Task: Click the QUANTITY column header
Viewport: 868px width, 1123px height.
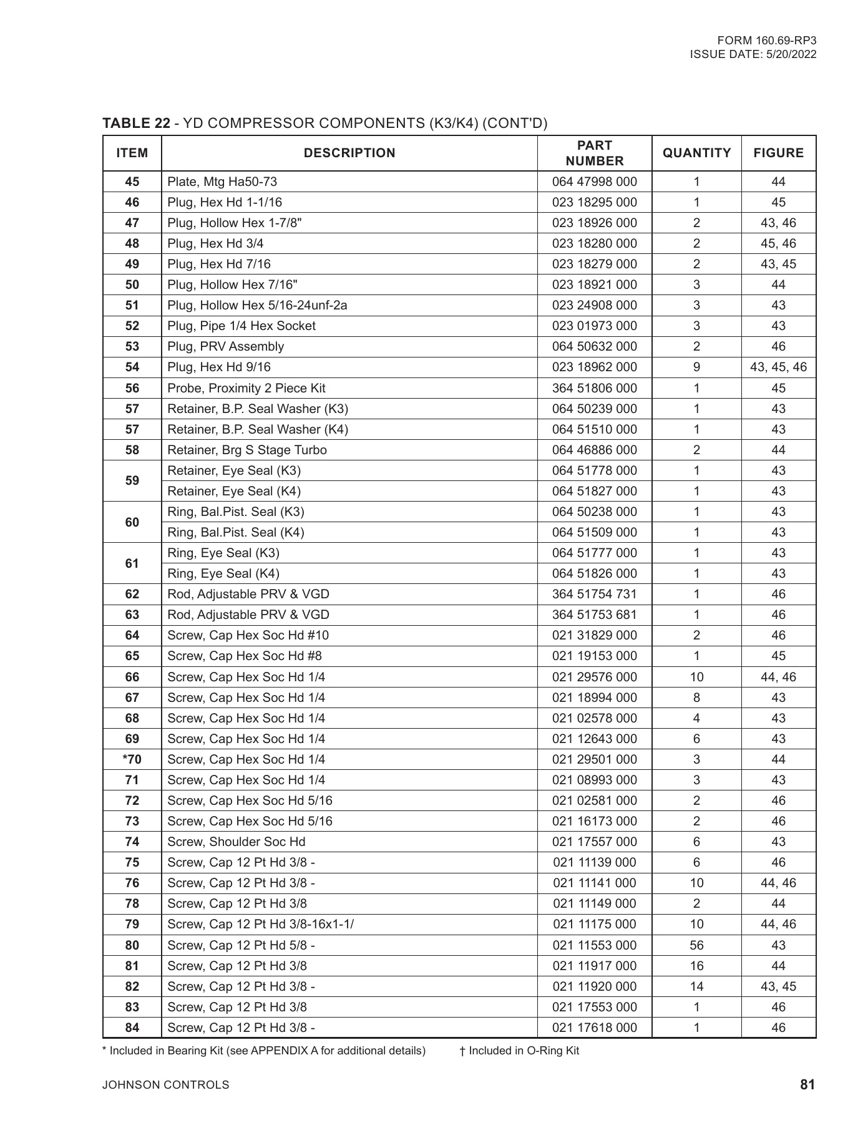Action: coord(696,153)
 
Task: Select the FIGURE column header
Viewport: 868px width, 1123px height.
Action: coord(778,153)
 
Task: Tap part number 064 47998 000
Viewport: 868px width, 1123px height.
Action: coord(594,182)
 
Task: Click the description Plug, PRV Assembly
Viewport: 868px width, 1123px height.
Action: coord(225,346)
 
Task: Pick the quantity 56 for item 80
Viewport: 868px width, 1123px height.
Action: coord(696,945)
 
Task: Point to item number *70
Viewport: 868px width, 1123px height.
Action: coord(132,759)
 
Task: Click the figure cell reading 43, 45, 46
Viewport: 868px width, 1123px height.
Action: coord(778,367)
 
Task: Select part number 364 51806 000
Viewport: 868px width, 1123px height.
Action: coord(594,388)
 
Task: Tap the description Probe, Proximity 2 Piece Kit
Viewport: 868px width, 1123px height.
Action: coord(246,388)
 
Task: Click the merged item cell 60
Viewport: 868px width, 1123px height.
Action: coord(132,522)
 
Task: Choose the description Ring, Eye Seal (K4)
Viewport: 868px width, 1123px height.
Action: coord(223,573)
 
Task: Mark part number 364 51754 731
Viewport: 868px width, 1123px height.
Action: coord(594,594)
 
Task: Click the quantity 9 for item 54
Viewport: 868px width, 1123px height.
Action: coord(696,367)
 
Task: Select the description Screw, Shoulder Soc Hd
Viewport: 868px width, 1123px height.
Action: coord(237,842)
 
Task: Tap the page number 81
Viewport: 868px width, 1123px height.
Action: coord(807,1084)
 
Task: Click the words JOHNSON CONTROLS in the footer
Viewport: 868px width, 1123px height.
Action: coord(165,1085)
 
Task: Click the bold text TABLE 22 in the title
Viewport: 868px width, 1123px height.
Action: coord(136,123)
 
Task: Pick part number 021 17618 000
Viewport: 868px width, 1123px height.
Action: coord(594,1028)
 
